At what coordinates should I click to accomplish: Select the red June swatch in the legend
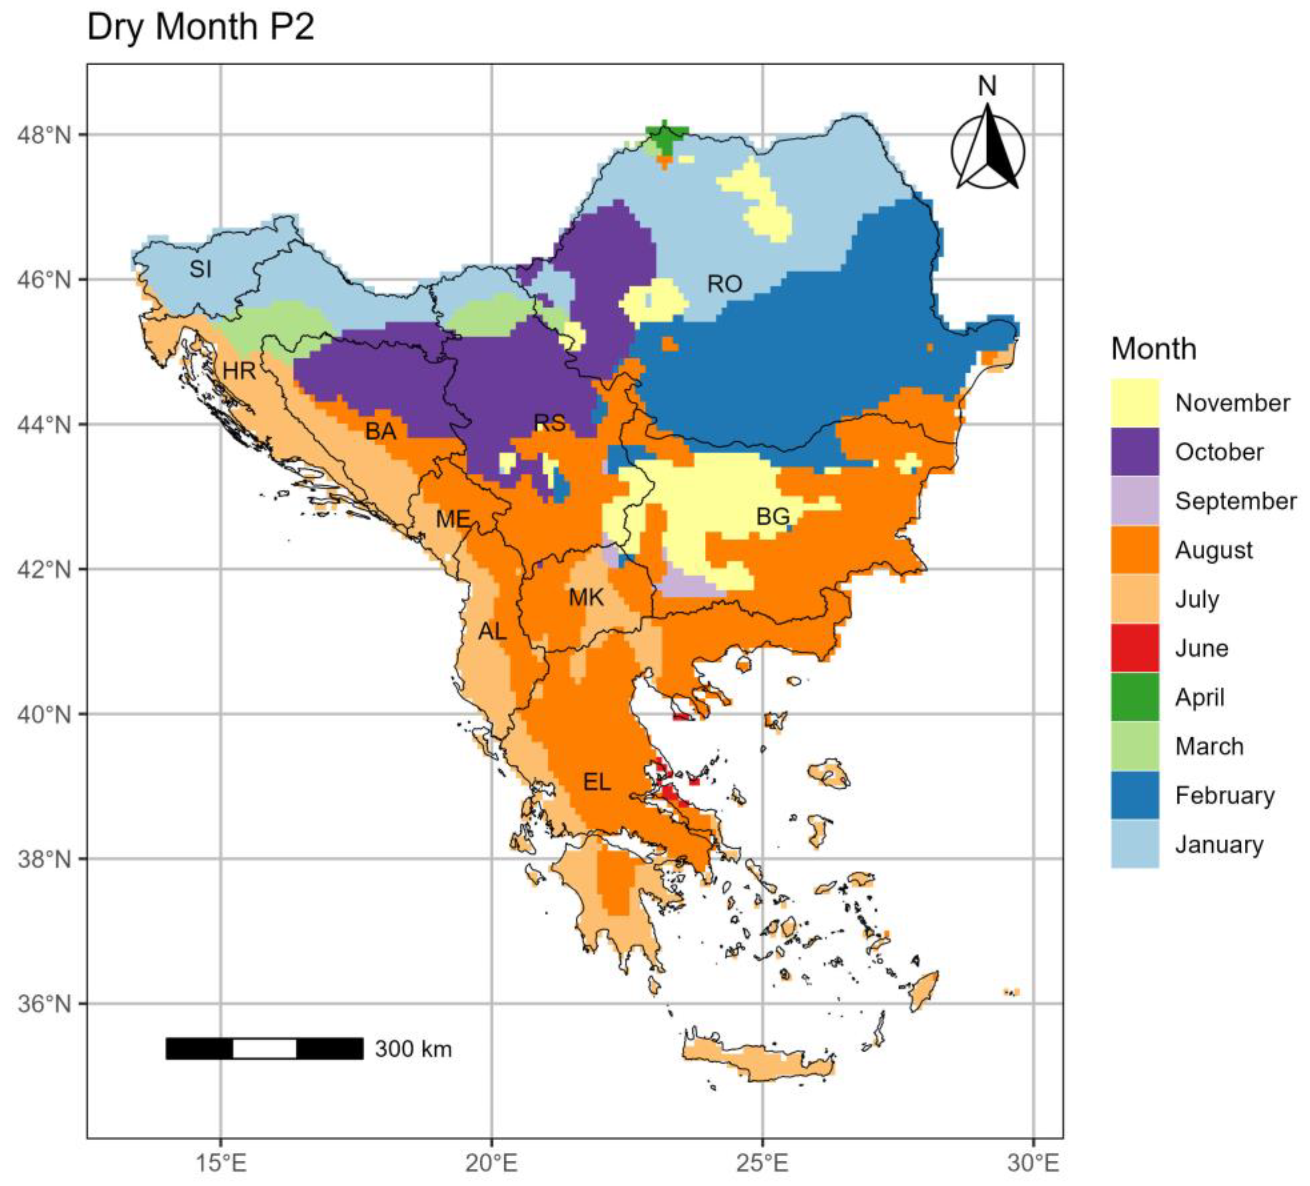click(1135, 648)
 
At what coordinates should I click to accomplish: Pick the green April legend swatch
click(1135, 697)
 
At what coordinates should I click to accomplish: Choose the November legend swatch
click(1135, 403)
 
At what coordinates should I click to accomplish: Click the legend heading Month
click(1153, 349)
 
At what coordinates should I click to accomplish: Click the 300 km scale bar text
click(413, 1048)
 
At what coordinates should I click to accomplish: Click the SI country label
click(200, 268)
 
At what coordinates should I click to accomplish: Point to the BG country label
click(773, 517)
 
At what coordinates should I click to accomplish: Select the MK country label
click(586, 597)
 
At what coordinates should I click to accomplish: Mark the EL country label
click(596, 782)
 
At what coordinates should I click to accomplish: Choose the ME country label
click(452, 519)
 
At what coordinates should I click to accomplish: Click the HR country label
click(238, 371)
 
